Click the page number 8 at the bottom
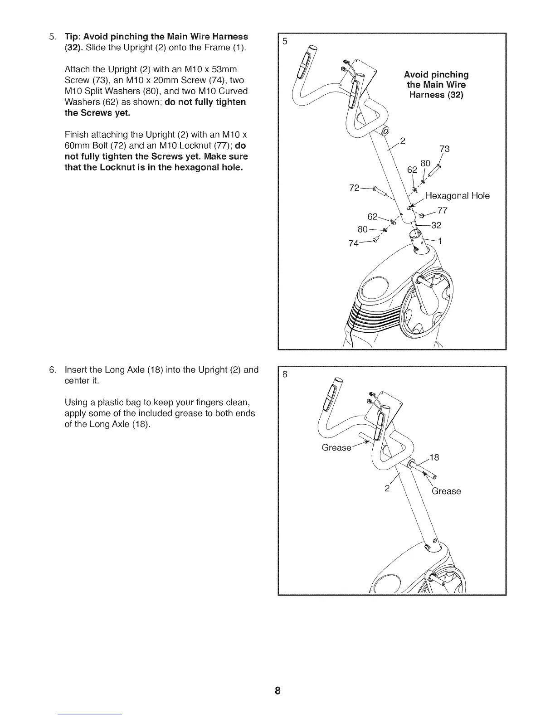[277, 691]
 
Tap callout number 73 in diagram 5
[444, 149]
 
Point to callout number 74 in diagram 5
[354, 243]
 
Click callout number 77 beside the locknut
[443, 210]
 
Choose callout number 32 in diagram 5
[436, 225]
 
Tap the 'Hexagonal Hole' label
[458, 196]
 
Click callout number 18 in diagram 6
[434, 457]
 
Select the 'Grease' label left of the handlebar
[336, 447]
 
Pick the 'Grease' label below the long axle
[446, 491]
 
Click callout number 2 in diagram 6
[387, 489]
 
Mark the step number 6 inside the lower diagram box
[285, 374]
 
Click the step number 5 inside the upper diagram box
[285, 41]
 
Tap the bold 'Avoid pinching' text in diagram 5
[436, 75]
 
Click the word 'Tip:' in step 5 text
[74, 36]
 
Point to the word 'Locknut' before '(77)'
[205, 146]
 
